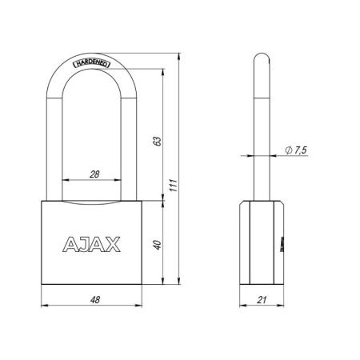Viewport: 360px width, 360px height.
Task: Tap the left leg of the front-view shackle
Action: tap(57, 136)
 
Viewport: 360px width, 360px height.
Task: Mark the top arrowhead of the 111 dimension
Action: tap(178, 53)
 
